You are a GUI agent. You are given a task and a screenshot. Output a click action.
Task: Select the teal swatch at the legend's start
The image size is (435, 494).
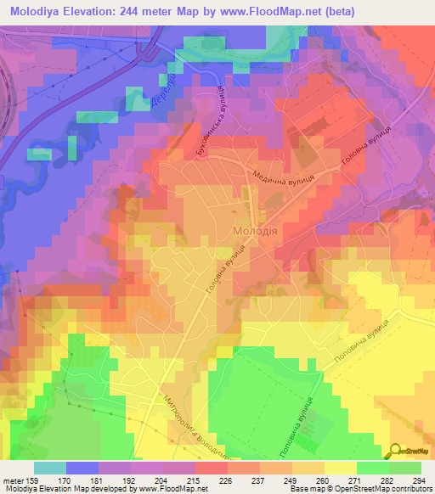point(50,467)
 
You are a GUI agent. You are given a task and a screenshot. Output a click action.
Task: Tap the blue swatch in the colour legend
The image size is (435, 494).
point(82,467)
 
